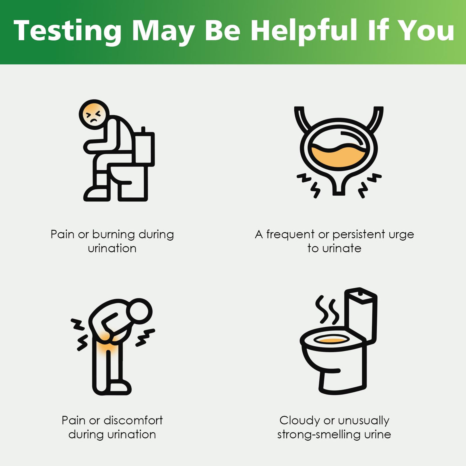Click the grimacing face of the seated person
94,115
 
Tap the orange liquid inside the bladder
339,156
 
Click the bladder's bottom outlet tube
339,186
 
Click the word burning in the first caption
114,235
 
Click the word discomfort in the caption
133,420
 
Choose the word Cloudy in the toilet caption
300,421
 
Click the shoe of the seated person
96,194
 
